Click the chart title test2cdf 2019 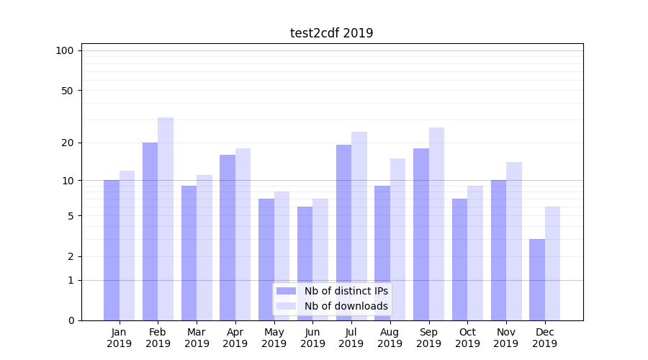click(x=331, y=33)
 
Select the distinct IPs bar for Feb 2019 click(x=150, y=230)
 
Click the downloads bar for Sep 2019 click(x=436, y=223)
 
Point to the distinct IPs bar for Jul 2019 click(x=343, y=232)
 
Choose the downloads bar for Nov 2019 click(x=514, y=240)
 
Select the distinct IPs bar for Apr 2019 click(x=228, y=237)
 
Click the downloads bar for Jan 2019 click(x=127, y=245)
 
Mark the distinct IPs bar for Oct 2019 click(x=459, y=259)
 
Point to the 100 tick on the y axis click(x=65, y=50)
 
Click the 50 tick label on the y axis click(x=68, y=91)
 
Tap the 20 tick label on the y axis click(x=68, y=143)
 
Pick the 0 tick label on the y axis click(x=71, y=320)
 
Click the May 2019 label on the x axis click(x=274, y=338)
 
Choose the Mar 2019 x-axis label click(x=197, y=338)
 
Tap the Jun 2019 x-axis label click(x=312, y=338)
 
